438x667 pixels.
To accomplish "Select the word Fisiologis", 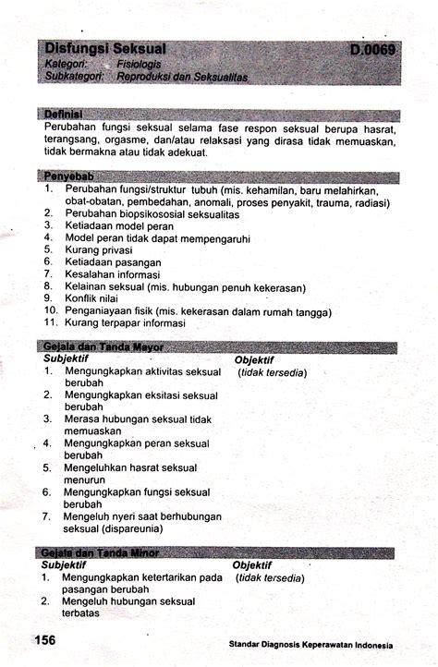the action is [140, 66].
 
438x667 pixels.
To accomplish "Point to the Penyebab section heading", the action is [70, 176].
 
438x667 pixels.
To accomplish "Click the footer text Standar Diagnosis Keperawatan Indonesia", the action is [311, 645].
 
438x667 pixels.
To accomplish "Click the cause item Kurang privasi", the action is [99, 249].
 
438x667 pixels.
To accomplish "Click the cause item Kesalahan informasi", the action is [113, 274].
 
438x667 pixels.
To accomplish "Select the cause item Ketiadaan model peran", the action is [119, 225].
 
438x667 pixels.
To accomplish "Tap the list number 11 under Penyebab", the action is [51, 323].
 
